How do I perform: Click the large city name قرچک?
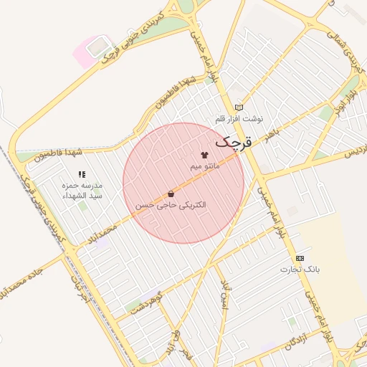234,142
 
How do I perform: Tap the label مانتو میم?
204,166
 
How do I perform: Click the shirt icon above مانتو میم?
204,155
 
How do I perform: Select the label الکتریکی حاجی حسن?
171,205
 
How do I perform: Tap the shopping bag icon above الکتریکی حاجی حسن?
171,194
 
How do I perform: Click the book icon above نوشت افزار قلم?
239,108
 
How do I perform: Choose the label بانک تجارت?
300,270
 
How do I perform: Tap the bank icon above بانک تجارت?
300,258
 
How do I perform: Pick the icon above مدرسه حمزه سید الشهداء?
82,174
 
